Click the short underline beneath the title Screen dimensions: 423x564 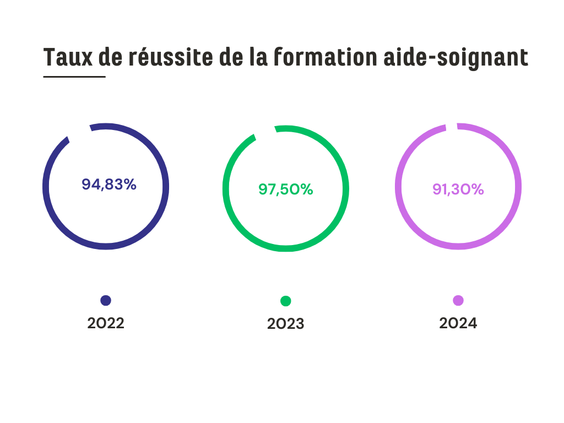pyautogui.click(x=74, y=77)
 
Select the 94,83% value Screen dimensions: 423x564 pyautogui.click(x=109, y=185)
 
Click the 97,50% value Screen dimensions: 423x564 pyautogui.click(x=286, y=189)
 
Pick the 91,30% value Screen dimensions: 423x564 pyautogui.click(x=458, y=189)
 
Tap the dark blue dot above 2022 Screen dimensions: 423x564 pyautogui.click(x=106, y=300)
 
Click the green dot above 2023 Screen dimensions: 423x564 pyautogui.click(x=285, y=301)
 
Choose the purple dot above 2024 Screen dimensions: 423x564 pyautogui.click(x=458, y=300)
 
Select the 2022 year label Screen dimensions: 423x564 pyautogui.click(x=106, y=323)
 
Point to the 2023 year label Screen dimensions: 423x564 pyautogui.click(x=285, y=324)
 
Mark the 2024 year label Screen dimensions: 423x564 pyautogui.click(x=458, y=323)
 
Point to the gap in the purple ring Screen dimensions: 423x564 pyautogui.click(x=451, y=127)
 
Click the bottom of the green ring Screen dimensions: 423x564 pyautogui.click(x=286, y=248)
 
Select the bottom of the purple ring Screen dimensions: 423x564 pyautogui.click(x=458, y=246)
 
